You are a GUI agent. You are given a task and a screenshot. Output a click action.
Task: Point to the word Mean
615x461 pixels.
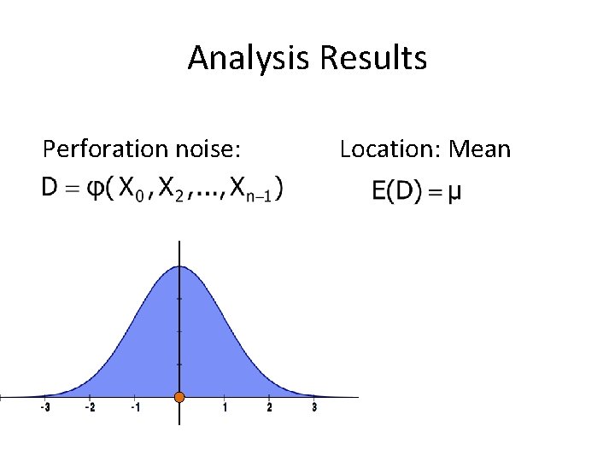pos(479,149)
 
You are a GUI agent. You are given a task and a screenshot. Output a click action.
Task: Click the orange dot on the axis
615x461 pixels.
pos(179,397)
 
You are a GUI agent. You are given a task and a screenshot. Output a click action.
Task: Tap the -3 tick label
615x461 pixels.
pos(44,408)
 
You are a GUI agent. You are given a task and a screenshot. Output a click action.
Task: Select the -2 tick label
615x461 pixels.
pos(90,408)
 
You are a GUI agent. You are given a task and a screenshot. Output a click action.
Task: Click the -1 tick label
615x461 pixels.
pos(134,408)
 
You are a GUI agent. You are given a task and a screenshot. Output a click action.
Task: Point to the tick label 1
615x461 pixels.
pos(225,408)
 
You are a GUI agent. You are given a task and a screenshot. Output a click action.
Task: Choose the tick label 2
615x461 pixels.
pos(269,408)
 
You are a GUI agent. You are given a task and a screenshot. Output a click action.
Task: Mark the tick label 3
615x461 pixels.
pos(314,408)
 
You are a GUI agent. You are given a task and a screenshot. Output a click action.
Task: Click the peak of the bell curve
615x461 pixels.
pos(179,266)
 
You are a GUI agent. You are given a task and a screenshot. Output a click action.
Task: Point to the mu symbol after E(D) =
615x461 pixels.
pos(455,193)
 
